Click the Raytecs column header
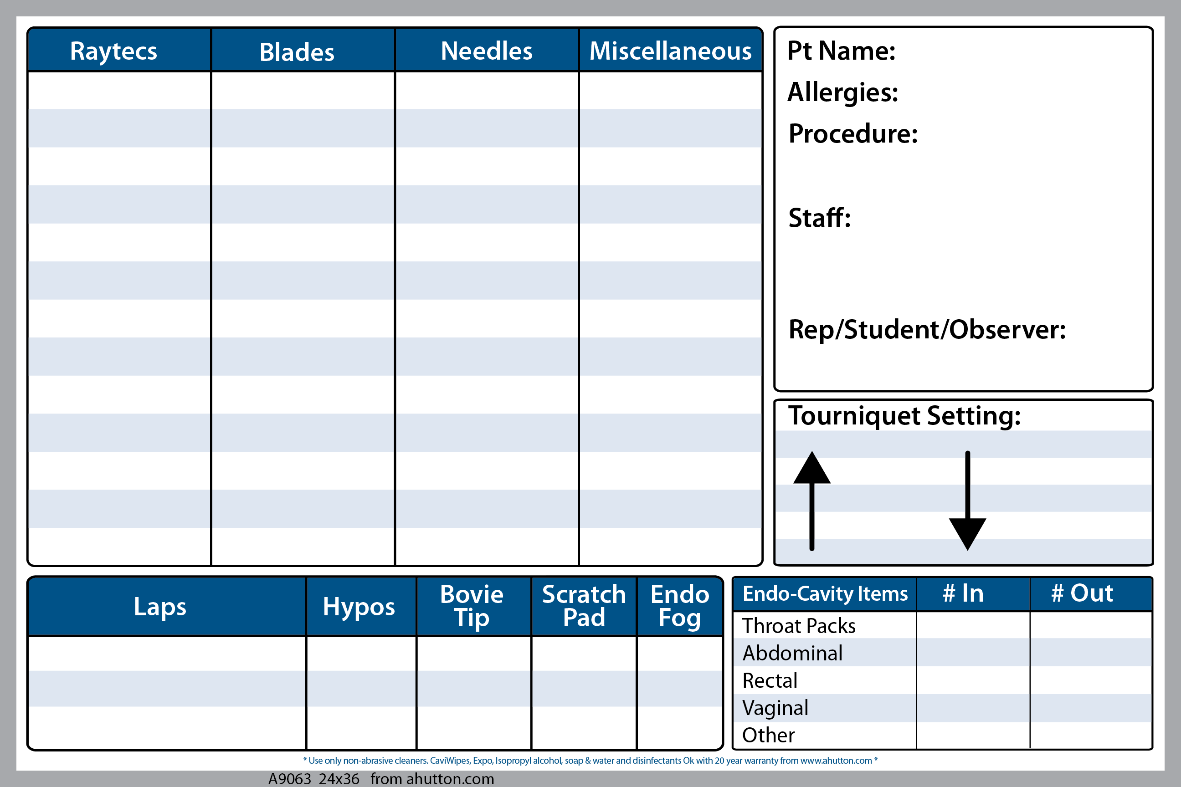pyautogui.click(x=113, y=51)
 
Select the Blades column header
pyautogui.click(x=297, y=52)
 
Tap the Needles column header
pyautogui.click(x=487, y=51)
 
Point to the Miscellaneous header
pyautogui.click(x=670, y=51)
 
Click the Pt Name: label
pyautogui.click(x=841, y=51)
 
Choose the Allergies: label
pyautogui.click(x=842, y=92)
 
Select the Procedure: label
pyautogui.click(x=853, y=133)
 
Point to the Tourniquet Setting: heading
pyautogui.click(x=904, y=416)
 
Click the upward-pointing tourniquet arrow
pyautogui.click(x=812, y=501)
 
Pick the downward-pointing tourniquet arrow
pyautogui.click(x=968, y=501)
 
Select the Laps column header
pyautogui.click(x=159, y=607)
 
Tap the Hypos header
pyautogui.click(x=359, y=607)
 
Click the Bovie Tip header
pyautogui.click(x=472, y=606)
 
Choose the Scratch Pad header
pyautogui.click(x=584, y=606)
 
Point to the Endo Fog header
pyautogui.click(x=680, y=606)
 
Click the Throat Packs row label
pyautogui.click(x=799, y=626)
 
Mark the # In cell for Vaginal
pyautogui.click(x=973, y=708)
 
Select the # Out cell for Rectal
pyautogui.click(x=1091, y=680)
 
